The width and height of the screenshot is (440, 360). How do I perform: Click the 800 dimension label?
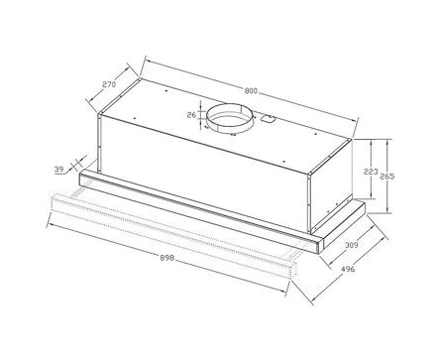coord(251,90)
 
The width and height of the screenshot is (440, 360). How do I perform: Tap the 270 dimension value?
coord(109,84)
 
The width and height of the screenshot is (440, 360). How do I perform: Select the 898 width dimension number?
coord(167,258)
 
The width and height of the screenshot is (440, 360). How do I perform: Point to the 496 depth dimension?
coord(348,269)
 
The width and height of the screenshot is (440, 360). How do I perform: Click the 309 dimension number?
coord(352,245)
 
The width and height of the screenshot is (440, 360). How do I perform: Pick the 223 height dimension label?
coord(371,172)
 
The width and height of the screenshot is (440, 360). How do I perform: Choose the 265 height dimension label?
coord(386,177)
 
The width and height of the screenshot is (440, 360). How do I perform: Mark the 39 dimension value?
coord(58,170)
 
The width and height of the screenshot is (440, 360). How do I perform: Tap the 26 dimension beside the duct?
coord(191,115)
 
